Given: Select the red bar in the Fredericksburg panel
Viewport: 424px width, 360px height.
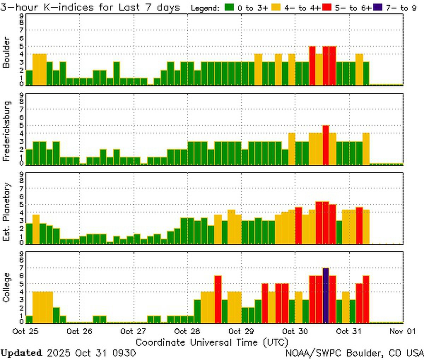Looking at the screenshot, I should tap(326, 145).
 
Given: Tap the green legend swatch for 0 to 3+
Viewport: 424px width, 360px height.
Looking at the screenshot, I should tap(229, 7).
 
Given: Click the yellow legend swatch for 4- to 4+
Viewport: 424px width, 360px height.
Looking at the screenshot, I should tap(277, 7).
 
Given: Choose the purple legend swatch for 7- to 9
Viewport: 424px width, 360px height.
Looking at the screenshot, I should tap(377, 7).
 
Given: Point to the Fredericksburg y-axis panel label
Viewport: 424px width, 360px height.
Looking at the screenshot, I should tap(6, 131).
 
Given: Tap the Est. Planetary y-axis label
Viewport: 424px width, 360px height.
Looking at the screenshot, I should tap(6, 212).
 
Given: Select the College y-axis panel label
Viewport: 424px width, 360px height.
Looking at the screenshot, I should tap(6, 287).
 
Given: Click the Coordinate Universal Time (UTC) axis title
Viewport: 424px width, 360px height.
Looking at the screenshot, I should tap(212, 342).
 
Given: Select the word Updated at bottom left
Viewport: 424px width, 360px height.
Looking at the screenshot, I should tap(21, 353).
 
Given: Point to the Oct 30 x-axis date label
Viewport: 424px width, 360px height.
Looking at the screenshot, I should tap(295, 331).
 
